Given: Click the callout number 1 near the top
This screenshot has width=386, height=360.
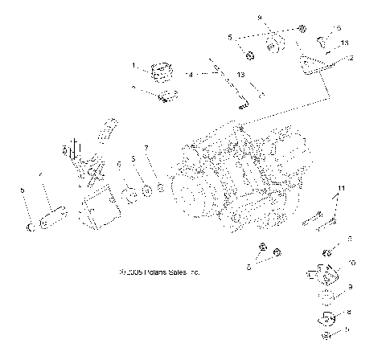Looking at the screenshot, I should coord(135,64).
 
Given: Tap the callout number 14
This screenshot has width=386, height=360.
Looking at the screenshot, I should coord(188,74).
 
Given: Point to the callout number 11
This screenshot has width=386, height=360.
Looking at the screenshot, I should coord(342,188).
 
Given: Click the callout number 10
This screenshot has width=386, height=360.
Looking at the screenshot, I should coord(350,262).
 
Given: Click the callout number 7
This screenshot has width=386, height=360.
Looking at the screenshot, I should coord(146,148).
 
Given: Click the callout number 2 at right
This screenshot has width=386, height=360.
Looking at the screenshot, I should coord(351,58).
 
